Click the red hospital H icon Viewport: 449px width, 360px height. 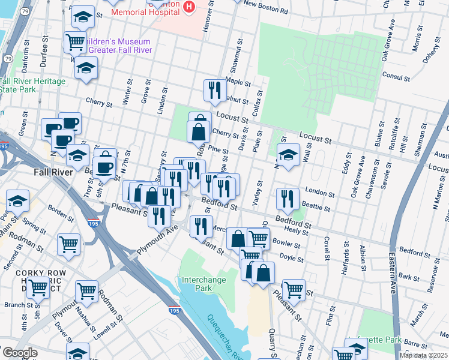(x=189, y=6)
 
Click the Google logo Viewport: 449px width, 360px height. (x=19, y=353)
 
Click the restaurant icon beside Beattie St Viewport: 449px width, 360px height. (x=288, y=199)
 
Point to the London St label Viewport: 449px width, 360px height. (x=319, y=193)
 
